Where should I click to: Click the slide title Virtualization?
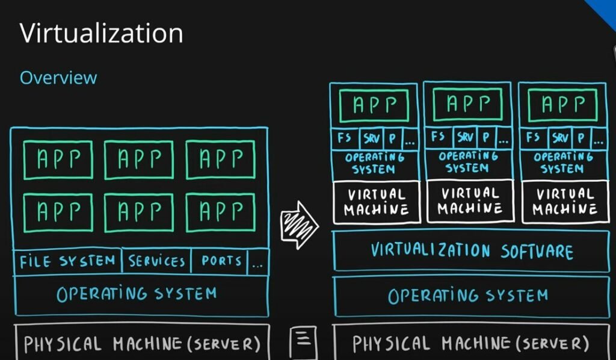click(x=101, y=33)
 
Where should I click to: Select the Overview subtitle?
click(x=58, y=78)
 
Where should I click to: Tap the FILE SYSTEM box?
click(x=67, y=262)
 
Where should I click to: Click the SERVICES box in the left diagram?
click(x=156, y=262)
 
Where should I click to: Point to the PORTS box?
click(x=221, y=262)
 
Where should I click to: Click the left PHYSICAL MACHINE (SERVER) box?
click(x=141, y=343)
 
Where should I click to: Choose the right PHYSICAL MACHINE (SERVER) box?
click(x=470, y=343)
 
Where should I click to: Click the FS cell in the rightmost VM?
click(x=533, y=137)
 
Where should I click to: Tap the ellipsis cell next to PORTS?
click(x=259, y=262)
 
